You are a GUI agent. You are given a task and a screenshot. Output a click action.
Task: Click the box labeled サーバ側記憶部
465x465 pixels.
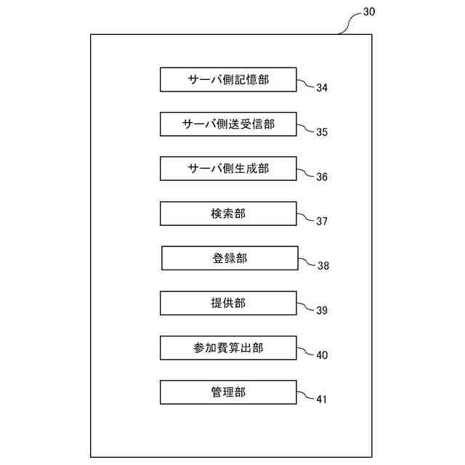pos(228,79)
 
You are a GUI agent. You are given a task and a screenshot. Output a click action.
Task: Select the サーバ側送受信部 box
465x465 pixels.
pos(228,124)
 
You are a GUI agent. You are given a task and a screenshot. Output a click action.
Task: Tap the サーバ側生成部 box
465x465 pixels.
pos(228,169)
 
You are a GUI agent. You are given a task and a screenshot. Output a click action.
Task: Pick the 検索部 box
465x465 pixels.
pos(228,214)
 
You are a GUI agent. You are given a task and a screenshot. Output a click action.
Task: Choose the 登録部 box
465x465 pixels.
pos(229,258)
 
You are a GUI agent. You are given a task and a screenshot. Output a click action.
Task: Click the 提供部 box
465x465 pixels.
pos(228,303)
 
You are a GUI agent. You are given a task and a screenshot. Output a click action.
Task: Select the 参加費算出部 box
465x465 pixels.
pos(228,348)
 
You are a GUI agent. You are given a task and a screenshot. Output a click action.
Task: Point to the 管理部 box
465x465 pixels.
pos(228,392)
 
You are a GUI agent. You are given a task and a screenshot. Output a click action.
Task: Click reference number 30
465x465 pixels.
pos(368,12)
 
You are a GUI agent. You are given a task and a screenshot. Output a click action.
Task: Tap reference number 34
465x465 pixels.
pos(322,88)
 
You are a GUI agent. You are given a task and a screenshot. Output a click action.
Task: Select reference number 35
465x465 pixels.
pos(322,132)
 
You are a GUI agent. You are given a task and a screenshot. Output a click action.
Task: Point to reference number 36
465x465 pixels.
pos(322,177)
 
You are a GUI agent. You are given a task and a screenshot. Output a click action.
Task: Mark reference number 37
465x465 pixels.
pos(322,222)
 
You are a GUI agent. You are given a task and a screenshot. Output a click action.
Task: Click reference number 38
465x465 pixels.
pos(323,266)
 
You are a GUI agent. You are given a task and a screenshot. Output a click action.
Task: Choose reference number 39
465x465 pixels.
pos(322,311)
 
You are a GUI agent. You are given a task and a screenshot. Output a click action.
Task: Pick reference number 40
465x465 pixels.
pos(322,355)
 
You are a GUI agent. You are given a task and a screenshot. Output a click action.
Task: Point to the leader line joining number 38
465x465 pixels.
pos(307,262)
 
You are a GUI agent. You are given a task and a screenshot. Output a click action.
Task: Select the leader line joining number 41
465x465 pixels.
pos(306,397)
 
